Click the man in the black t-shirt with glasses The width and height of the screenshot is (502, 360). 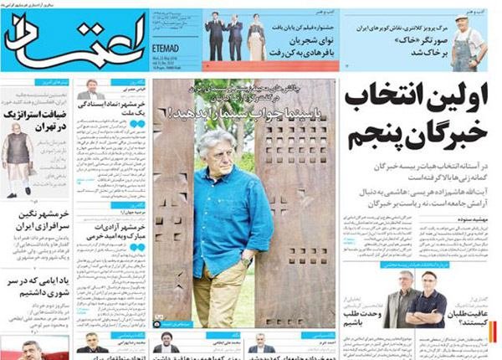pos(428,298)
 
